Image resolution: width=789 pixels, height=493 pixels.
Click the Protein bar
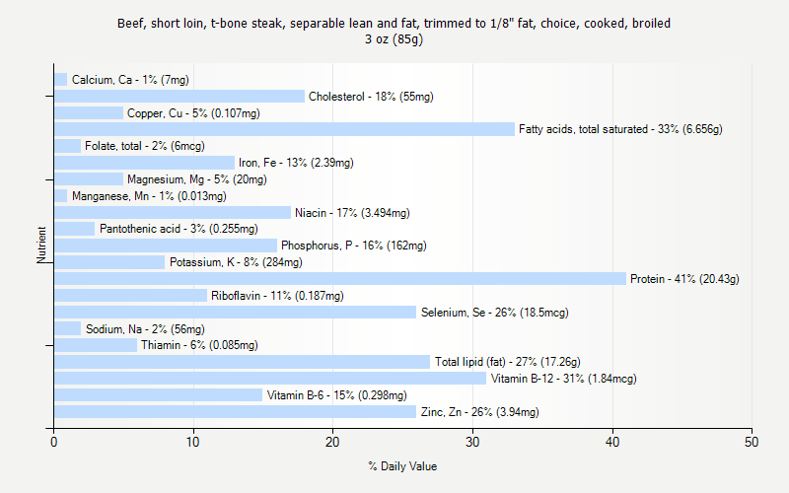coord(340,278)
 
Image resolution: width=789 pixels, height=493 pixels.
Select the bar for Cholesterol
coord(179,97)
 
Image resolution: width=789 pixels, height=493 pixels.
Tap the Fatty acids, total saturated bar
coord(284,129)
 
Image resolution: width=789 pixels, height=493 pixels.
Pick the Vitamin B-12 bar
coord(270,379)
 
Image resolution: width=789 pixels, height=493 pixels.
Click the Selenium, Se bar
coord(235,312)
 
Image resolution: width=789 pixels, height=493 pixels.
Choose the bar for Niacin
coord(173,212)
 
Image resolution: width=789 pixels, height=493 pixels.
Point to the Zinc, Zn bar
coord(235,411)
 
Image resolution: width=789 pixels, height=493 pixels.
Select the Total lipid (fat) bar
coord(242,362)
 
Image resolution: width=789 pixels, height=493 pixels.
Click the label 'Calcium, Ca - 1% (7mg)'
coord(130,80)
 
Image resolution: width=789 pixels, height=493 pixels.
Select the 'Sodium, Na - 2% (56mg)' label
coord(145,329)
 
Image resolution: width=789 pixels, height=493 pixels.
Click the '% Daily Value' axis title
coord(402,466)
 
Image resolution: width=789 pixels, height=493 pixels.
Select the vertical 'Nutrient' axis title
coord(41,245)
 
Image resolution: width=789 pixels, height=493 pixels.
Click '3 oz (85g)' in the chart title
coord(394,39)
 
